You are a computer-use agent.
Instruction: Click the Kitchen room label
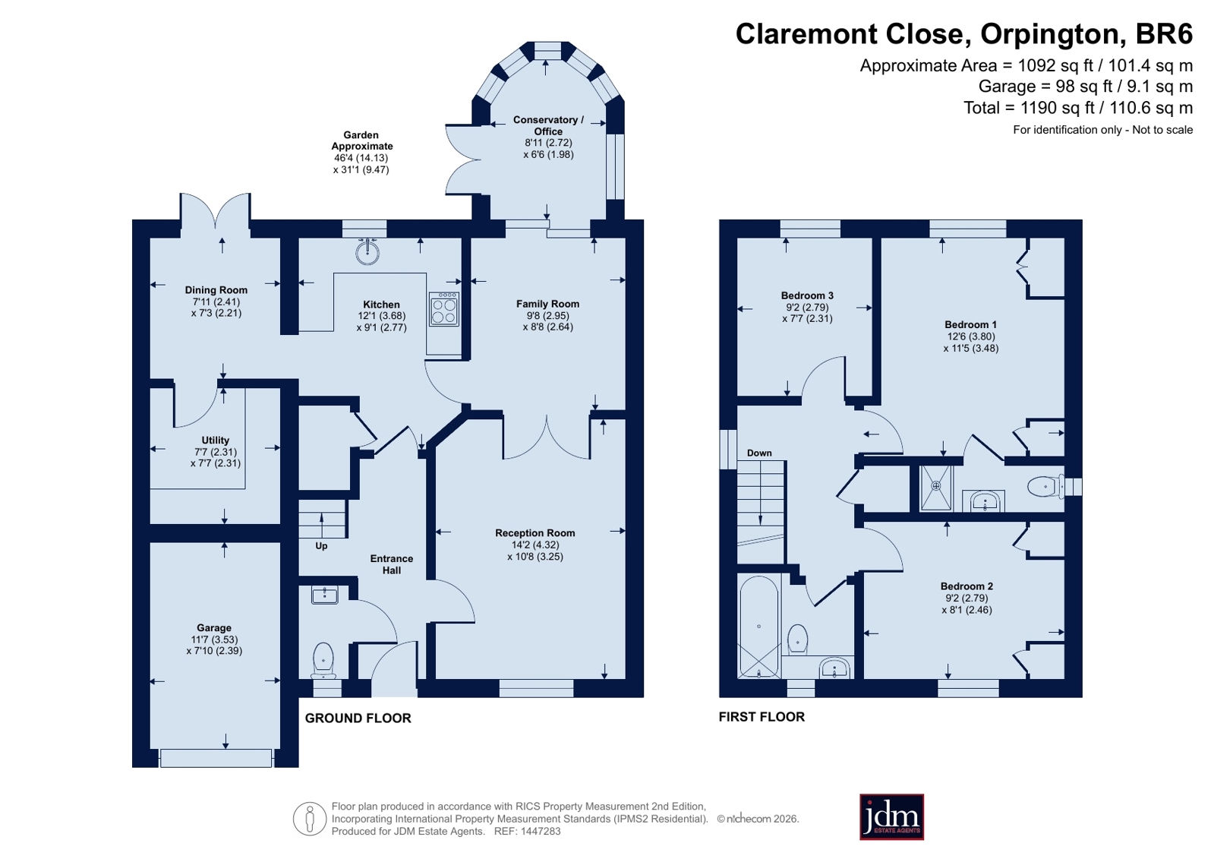(x=382, y=305)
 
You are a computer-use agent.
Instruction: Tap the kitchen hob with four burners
(x=444, y=309)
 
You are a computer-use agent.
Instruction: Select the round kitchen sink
(x=367, y=251)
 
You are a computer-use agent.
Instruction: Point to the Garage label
(x=214, y=628)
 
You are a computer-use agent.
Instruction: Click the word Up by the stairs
(x=321, y=546)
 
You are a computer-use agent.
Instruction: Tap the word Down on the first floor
(x=759, y=453)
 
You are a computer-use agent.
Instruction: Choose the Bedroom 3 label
(x=807, y=295)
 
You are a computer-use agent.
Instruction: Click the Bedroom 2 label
(x=966, y=586)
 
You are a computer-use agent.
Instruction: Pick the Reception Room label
(x=535, y=533)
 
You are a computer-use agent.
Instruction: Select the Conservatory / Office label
(x=548, y=125)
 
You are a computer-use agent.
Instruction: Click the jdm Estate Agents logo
(x=891, y=817)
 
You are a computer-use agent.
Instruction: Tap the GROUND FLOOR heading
(x=358, y=718)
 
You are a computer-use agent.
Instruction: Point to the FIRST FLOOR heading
(x=762, y=717)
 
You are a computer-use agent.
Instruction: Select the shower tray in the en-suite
(x=936, y=488)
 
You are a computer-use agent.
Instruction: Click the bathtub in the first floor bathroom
(x=758, y=627)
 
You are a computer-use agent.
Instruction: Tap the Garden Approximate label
(x=361, y=141)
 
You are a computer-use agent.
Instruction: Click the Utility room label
(x=215, y=441)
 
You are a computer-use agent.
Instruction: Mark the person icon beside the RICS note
(x=310, y=819)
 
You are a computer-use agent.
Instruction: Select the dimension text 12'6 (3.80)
(x=970, y=336)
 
